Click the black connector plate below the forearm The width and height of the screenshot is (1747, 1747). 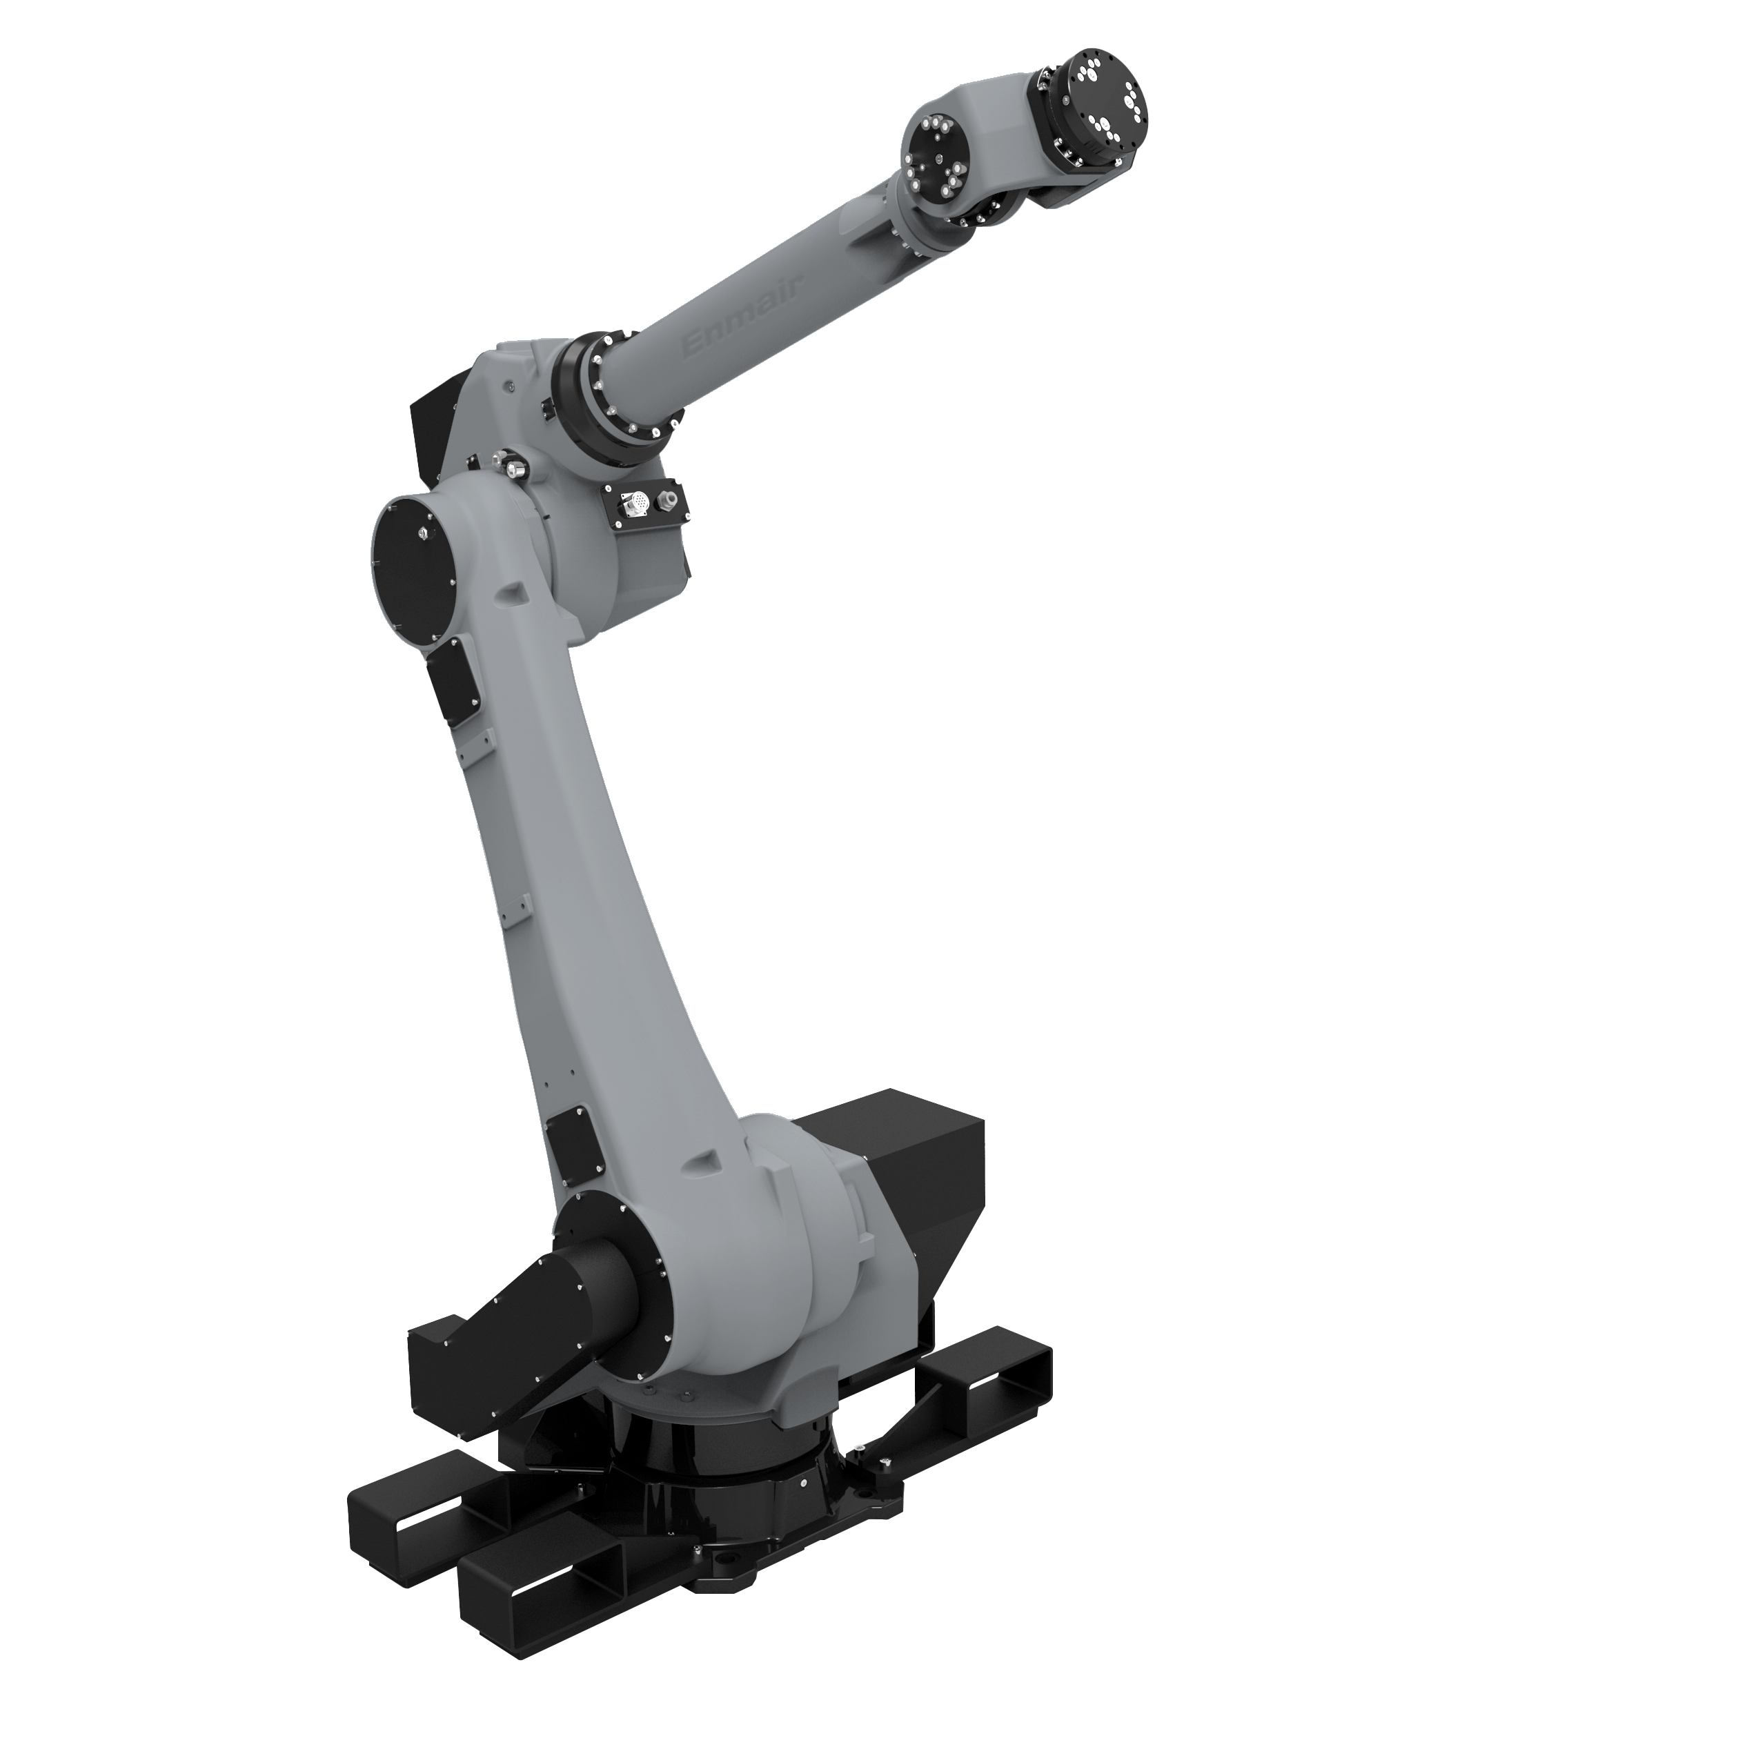coord(644,503)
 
